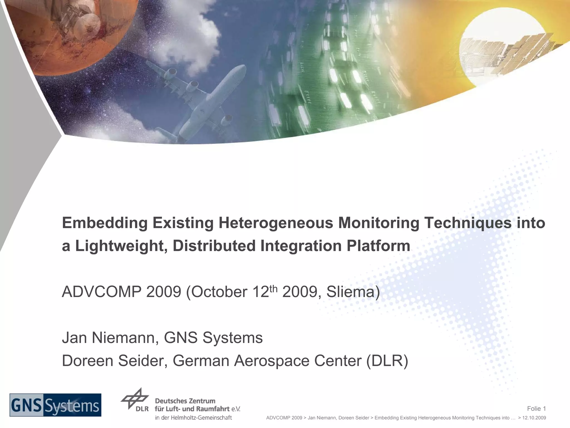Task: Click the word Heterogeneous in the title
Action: [276, 223]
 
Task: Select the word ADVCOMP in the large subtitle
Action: [102, 292]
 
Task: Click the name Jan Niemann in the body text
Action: [110, 338]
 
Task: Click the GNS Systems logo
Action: [55, 405]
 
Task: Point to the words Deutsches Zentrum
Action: [185, 401]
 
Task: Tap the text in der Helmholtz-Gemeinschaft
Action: [193, 417]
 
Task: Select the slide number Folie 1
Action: [536, 408]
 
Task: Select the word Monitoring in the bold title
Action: [379, 223]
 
